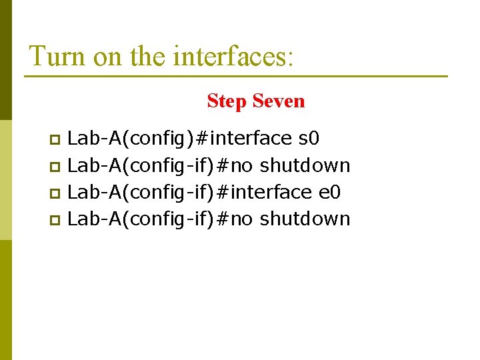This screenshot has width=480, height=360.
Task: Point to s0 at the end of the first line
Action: click(x=309, y=139)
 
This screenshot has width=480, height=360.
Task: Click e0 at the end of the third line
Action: click(x=330, y=192)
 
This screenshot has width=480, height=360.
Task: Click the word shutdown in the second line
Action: click(x=305, y=165)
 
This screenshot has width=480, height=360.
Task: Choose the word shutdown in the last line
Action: click(x=305, y=219)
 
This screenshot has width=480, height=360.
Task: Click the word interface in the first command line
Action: click(x=251, y=139)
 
